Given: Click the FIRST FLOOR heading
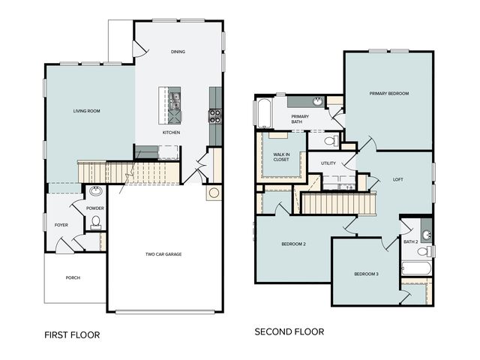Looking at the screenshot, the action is pos(72,335).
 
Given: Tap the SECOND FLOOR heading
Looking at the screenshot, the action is pos(289,331).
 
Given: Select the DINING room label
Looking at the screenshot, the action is pos(178,52).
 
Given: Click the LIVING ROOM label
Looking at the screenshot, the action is pos(87,111).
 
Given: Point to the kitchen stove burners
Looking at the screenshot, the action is pos(215,116).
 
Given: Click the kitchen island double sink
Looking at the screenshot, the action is pos(175,101).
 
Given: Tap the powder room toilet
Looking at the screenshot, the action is pos(96,222).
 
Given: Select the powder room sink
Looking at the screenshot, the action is pos(96,191).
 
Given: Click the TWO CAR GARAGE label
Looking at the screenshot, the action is pos(163,254).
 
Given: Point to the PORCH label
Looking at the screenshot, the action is pos(73,277).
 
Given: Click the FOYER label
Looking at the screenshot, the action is pos(61,225).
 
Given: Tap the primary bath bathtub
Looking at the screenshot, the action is pos(265,113).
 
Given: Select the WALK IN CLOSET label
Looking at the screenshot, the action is pos(281,157).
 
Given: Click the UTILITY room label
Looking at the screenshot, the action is pos(328,163).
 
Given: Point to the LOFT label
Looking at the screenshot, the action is pos(398,180).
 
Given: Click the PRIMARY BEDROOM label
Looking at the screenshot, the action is pos(389,93).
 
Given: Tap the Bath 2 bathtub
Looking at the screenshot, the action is pos(416,268).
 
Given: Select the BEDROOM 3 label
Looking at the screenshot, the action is pos(367,274).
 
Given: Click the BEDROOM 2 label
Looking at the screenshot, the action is pos(293,244).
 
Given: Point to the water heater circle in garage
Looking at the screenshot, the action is pos(214,193).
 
